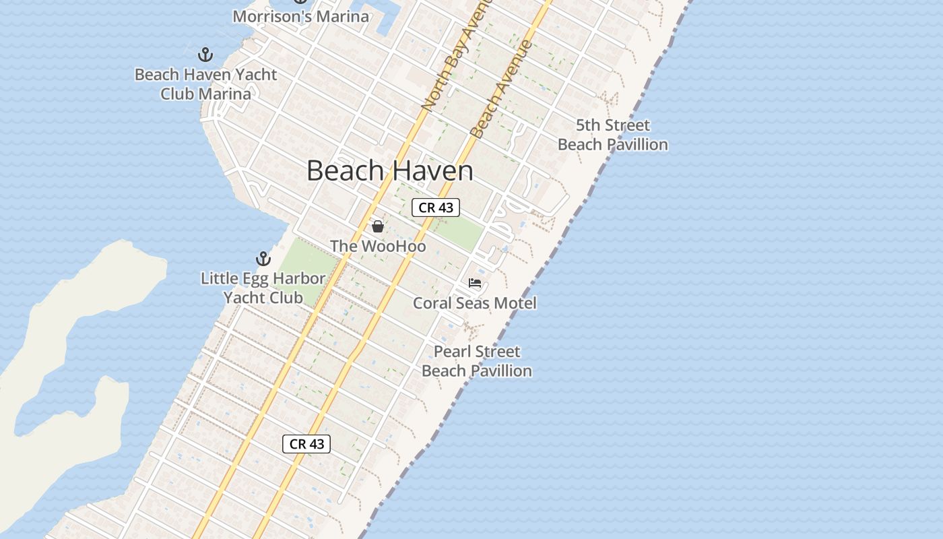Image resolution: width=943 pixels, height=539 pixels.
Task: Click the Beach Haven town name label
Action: (x=389, y=170)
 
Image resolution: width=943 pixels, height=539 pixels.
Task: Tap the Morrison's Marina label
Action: (x=300, y=16)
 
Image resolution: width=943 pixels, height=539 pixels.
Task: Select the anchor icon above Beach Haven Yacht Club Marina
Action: (x=205, y=55)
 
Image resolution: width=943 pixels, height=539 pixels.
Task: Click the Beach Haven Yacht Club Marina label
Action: (x=205, y=84)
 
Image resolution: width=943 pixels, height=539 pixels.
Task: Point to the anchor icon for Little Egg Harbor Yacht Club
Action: (x=263, y=259)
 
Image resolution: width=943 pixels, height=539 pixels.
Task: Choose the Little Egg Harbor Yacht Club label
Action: (x=263, y=288)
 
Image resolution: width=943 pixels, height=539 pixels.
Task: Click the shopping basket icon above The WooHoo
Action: (x=378, y=226)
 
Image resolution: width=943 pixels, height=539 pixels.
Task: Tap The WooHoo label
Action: (x=378, y=247)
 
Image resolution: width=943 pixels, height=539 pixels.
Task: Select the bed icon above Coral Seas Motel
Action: (x=475, y=283)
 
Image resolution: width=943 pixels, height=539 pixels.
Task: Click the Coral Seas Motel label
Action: (x=475, y=303)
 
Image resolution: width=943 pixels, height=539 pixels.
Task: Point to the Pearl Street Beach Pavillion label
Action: (x=477, y=361)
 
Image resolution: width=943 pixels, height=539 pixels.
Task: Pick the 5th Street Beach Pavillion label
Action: (x=613, y=135)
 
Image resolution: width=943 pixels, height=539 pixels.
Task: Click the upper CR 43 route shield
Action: (x=436, y=208)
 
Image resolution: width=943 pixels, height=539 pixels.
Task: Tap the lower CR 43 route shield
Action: (x=306, y=444)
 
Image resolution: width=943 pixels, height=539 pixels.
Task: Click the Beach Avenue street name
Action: (x=502, y=89)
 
